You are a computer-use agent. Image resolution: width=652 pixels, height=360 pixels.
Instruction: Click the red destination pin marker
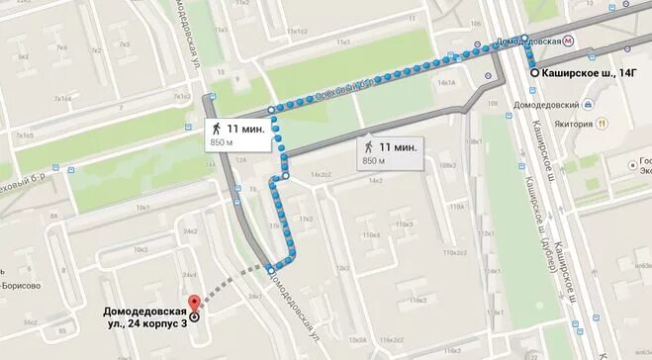pyautogui.click(x=194, y=303)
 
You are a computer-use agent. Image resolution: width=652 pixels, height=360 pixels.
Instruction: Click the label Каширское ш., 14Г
pyautogui.click(x=592, y=73)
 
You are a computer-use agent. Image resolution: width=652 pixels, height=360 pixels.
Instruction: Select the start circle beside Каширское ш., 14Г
pyautogui.click(x=533, y=73)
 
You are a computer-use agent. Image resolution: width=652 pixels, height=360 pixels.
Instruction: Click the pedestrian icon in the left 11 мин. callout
pyautogui.click(x=215, y=129)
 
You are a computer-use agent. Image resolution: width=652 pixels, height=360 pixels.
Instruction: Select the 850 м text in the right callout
pyautogui.click(x=374, y=160)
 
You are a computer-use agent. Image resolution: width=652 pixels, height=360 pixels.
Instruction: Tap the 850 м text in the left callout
pyautogui.click(x=221, y=143)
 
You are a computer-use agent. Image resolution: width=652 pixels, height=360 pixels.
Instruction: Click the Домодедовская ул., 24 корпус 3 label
pyautogui.click(x=144, y=293)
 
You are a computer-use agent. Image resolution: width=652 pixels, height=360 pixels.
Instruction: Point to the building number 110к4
pyautogui.click(x=371, y=235)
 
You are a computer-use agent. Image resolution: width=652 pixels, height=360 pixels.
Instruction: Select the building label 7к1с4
pyautogui.click(x=64, y=99)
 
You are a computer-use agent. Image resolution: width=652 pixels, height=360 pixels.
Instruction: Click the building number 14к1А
pyautogui.click(x=446, y=83)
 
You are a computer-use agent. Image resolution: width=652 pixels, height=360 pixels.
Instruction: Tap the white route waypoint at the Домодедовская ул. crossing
pyautogui.click(x=269, y=268)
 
